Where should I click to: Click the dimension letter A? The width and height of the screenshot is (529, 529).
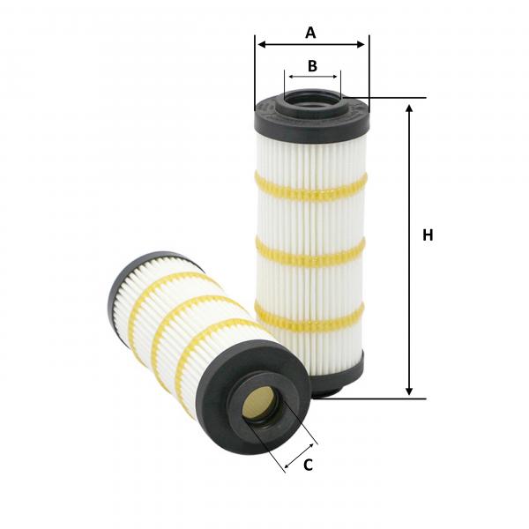pos(310,33)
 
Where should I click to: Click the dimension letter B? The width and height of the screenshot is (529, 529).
pos(312,66)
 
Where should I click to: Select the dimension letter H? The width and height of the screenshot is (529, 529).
pos(428,235)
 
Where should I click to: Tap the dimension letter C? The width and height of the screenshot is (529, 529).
pos(308,465)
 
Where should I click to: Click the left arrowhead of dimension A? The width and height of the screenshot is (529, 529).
pos(262,44)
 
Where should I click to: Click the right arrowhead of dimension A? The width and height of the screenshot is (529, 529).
pos(361,44)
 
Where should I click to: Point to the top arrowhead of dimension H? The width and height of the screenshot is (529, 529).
pos(409,109)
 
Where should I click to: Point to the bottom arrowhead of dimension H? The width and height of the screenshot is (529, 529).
pos(409,391)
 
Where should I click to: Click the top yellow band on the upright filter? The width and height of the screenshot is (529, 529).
pos(310,190)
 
